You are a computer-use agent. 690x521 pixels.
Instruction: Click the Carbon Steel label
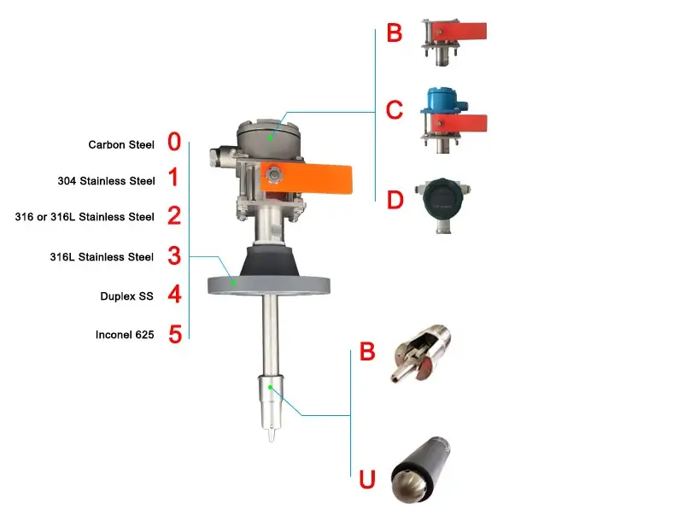(121, 145)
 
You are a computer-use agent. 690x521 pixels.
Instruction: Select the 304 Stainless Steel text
(107, 181)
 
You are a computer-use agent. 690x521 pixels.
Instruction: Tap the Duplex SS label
(126, 296)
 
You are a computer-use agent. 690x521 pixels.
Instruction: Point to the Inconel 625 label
(125, 335)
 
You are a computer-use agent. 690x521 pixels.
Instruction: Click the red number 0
(174, 142)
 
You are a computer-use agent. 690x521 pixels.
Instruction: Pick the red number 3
(174, 255)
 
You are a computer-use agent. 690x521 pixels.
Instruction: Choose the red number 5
(175, 334)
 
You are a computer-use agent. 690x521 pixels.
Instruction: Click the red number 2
(174, 215)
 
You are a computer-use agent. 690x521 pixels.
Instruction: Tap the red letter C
(395, 110)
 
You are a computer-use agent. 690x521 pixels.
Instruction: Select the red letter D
(395, 200)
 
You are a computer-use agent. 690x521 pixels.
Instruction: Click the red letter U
(367, 480)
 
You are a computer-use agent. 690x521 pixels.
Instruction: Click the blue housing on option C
(443, 100)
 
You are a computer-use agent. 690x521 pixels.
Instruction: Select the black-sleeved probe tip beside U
(420, 470)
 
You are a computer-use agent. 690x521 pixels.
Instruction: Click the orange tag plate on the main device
(307, 178)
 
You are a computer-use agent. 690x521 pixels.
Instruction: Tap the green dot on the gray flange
(234, 283)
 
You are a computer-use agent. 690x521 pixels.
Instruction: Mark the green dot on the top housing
(270, 138)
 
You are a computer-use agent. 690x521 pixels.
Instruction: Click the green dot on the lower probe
(270, 387)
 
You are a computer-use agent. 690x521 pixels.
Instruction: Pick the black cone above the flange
(268, 262)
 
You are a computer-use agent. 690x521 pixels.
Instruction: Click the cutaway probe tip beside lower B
(420, 353)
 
